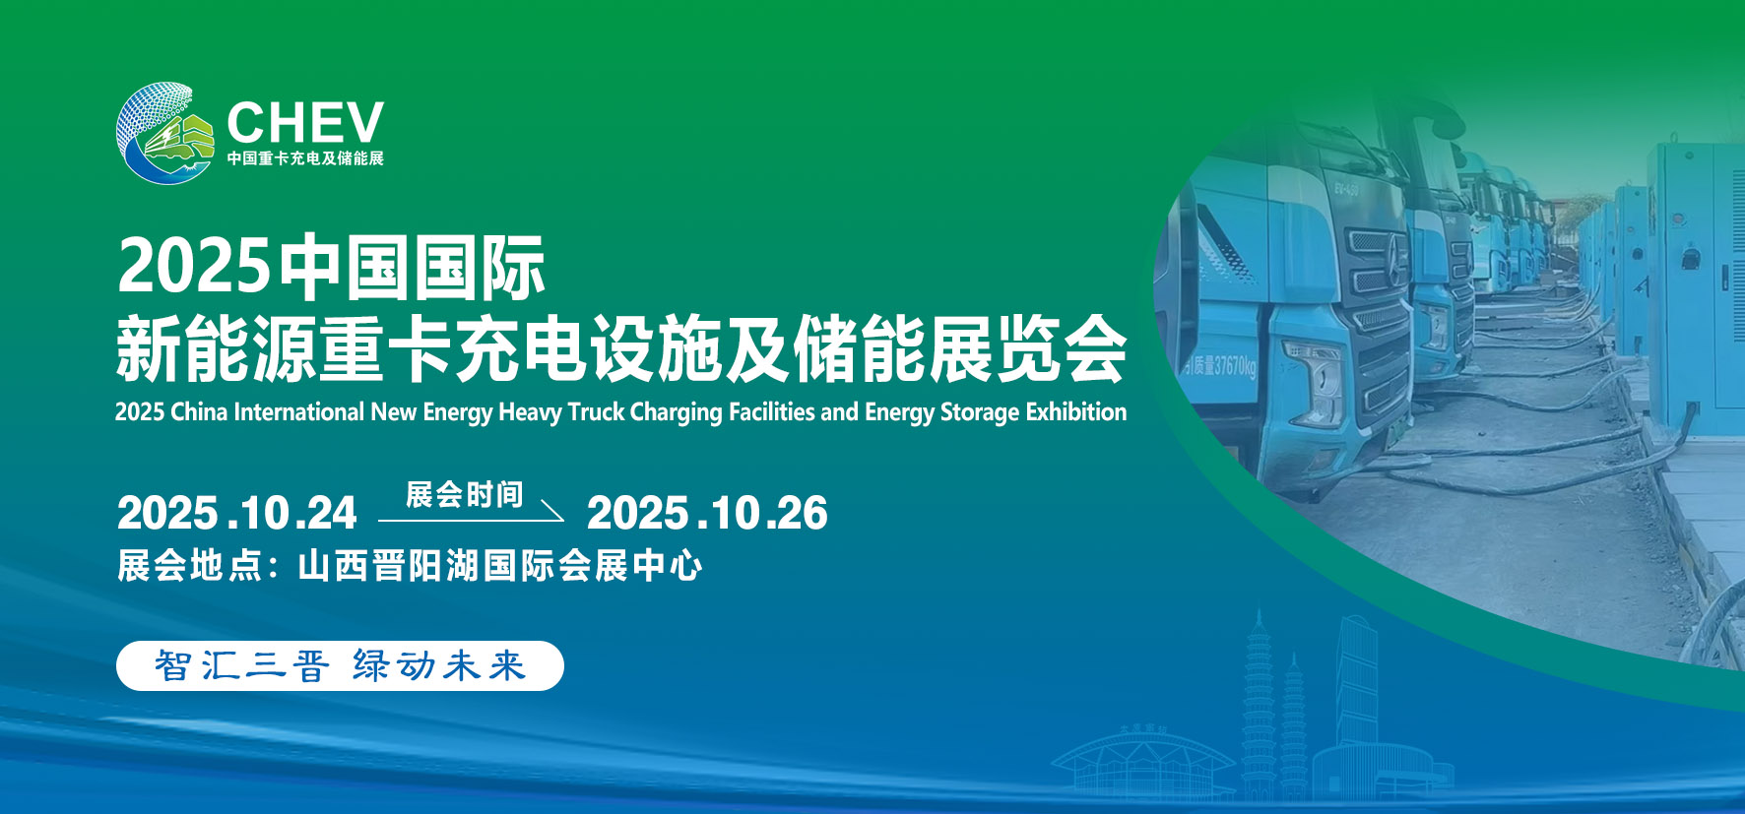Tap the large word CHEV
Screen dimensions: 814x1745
pyautogui.click(x=305, y=123)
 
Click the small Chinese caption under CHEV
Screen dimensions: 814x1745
pyautogui.click(x=305, y=158)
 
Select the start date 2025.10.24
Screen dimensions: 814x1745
pyautogui.click(x=236, y=513)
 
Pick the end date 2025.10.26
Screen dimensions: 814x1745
pyautogui.click(x=707, y=513)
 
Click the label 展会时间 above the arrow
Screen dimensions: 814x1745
pyautogui.click(x=464, y=494)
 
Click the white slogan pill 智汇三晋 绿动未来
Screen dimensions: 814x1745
pyautogui.click(x=340, y=666)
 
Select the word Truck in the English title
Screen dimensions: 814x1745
pyautogui.click(x=597, y=411)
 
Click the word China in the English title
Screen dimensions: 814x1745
pyautogui.click(x=199, y=411)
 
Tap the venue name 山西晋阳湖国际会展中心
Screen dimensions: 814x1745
pyautogui.click(x=500, y=566)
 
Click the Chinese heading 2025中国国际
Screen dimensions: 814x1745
pyautogui.click(x=331, y=267)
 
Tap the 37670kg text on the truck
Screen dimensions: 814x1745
pyautogui.click(x=1221, y=365)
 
